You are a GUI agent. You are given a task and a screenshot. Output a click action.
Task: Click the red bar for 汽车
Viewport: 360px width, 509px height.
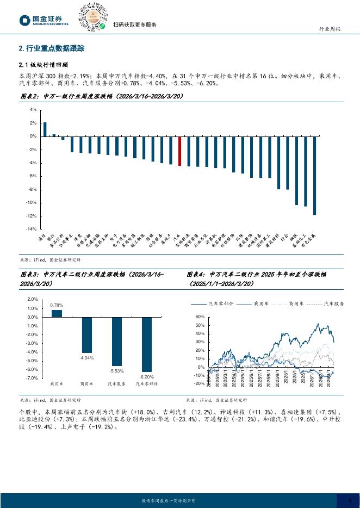click(179, 151)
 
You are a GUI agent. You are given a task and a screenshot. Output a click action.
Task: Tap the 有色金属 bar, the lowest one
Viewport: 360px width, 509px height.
click(314, 175)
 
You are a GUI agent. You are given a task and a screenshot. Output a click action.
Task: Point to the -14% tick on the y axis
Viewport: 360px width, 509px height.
click(32, 229)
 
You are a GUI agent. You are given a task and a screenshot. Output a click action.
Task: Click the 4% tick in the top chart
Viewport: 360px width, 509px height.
click(33, 109)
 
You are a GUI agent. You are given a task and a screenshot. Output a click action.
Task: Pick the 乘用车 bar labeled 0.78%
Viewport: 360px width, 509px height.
click(57, 313)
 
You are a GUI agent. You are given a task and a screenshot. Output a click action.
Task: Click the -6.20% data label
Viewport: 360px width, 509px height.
click(146, 376)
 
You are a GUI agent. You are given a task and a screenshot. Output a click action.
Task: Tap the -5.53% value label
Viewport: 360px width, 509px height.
click(116, 370)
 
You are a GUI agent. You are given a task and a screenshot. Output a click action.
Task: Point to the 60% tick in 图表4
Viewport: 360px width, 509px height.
click(199, 316)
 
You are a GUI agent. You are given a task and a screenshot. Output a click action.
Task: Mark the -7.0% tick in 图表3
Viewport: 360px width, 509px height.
click(32, 378)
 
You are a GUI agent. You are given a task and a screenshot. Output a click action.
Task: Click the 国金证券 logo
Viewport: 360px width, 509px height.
click(44, 21)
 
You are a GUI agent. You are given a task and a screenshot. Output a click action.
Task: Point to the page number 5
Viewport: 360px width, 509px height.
click(350, 500)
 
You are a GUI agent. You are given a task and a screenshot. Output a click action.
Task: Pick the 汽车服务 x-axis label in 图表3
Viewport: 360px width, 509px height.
click(116, 384)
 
